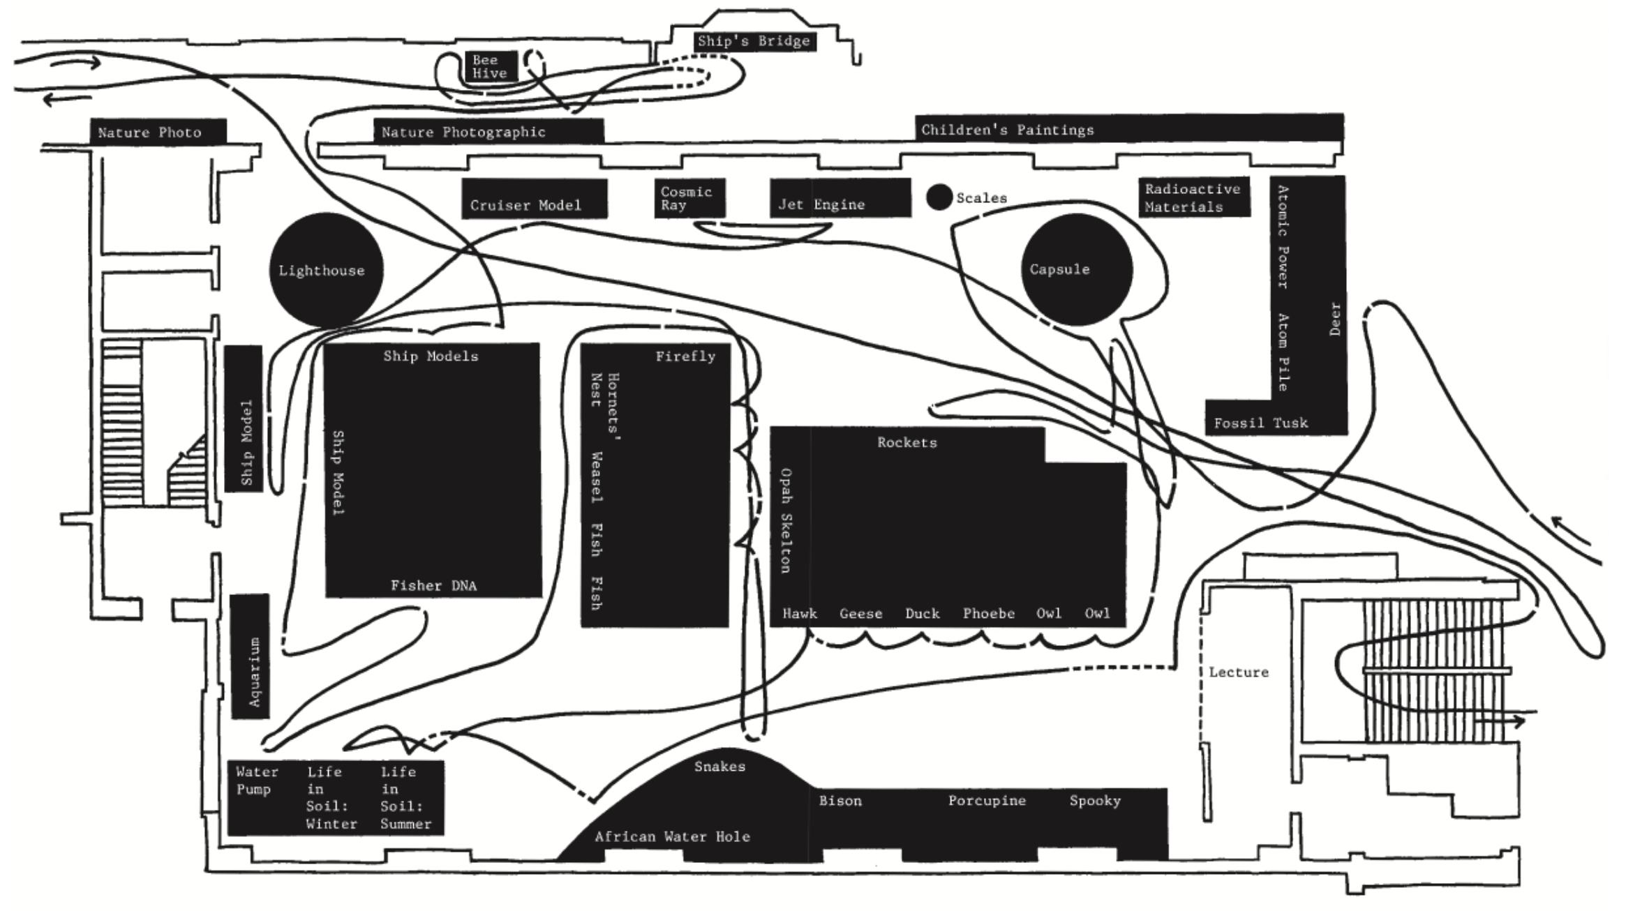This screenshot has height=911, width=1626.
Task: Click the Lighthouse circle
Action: point(326,270)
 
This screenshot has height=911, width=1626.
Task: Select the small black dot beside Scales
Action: point(939,197)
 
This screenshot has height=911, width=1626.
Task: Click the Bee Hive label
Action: point(490,66)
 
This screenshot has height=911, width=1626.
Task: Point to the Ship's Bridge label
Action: point(754,40)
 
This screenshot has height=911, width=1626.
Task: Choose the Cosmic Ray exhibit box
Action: point(689,198)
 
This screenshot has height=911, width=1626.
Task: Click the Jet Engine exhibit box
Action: point(840,198)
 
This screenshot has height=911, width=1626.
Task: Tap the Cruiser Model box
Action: point(534,199)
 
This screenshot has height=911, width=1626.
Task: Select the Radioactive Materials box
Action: point(1194,197)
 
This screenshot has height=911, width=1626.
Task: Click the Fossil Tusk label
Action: point(1260,423)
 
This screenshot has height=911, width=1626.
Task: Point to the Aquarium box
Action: point(250,656)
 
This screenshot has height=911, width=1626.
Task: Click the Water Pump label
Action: point(257,781)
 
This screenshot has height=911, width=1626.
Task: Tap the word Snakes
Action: point(719,767)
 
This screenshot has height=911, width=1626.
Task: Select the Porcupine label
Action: point(987,801)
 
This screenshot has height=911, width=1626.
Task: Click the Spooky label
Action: point(1095,801)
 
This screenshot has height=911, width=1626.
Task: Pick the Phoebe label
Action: point(989,614)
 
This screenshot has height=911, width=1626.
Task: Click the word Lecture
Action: point(1239,672)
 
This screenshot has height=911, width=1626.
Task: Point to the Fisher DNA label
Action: point(433,586)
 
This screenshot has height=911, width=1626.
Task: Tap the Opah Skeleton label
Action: point(786,520)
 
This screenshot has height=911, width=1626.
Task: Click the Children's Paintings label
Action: point(1008,130)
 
